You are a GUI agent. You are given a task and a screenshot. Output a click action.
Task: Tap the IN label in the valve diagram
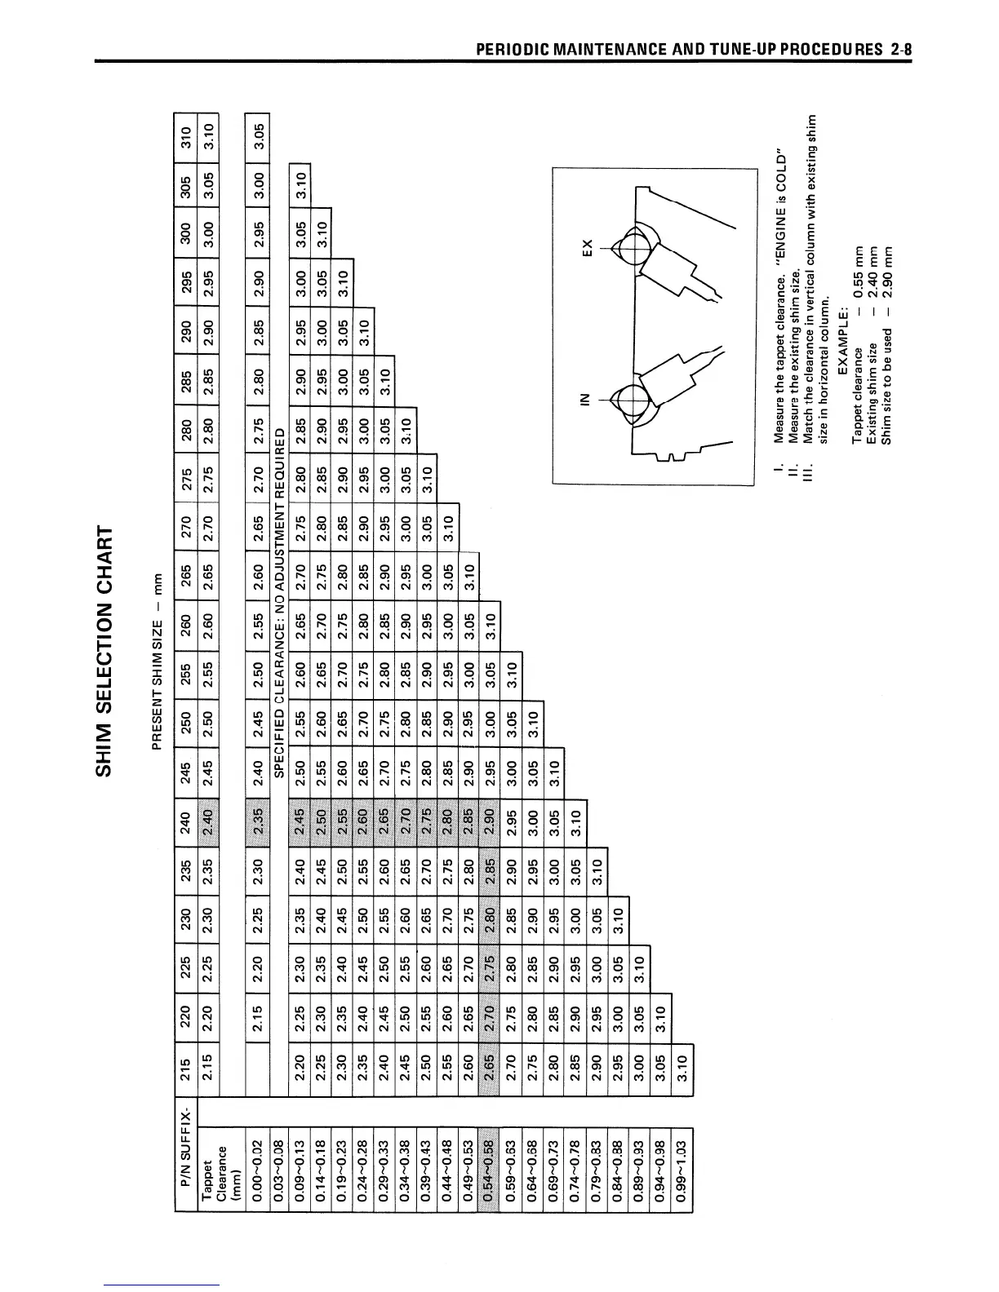click(583, 400)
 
